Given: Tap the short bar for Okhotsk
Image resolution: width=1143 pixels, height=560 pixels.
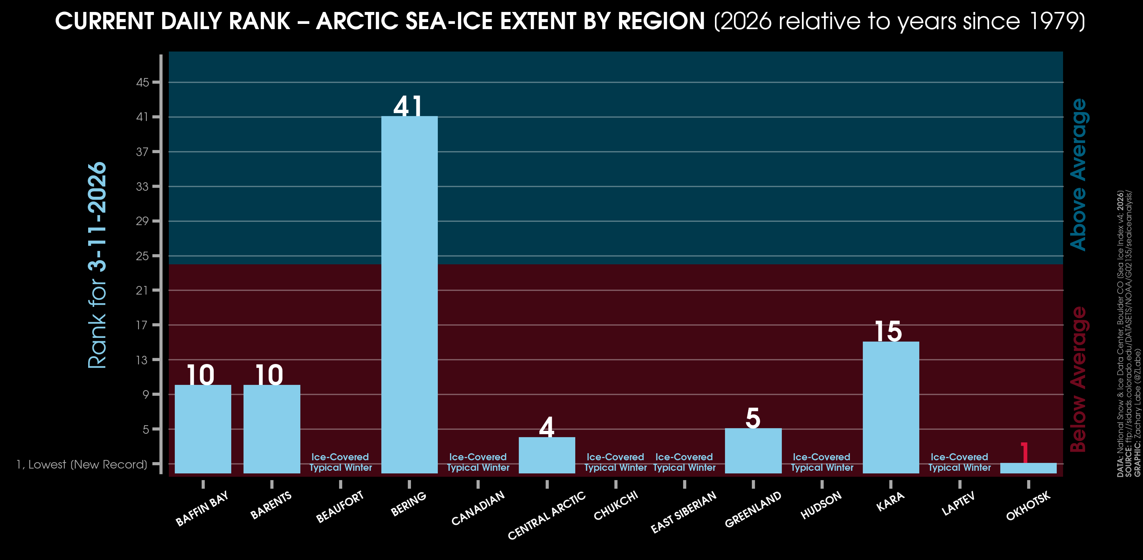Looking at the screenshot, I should (1028, 468).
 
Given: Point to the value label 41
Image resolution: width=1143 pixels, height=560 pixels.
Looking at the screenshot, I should (408, 106).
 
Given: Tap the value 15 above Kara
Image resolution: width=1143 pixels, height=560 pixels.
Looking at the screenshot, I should (888, 331).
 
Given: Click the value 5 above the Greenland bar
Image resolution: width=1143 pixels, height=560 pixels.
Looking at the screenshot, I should (753, 418).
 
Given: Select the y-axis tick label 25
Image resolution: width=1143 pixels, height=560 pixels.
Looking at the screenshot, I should (142, 256).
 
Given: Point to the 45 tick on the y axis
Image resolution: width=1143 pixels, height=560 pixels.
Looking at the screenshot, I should (142, 83).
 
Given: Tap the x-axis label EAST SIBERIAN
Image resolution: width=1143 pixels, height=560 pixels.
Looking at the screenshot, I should (683, 512).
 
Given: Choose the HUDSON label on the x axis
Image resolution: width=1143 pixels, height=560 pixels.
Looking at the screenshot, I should (821, 505).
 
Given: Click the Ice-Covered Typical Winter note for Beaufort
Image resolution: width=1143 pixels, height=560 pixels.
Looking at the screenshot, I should (340, 462).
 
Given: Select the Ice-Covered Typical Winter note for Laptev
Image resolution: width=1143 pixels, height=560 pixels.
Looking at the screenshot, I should (959, 462).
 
